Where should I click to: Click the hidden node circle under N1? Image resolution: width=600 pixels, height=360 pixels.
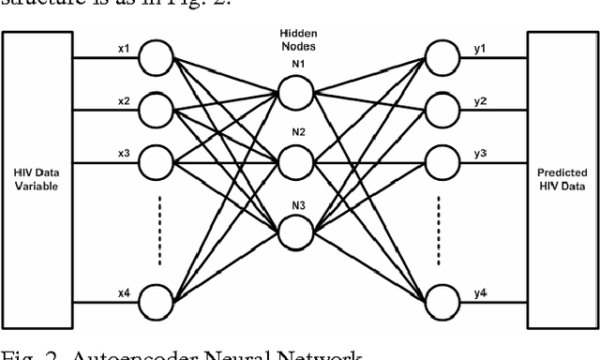click(298, 95)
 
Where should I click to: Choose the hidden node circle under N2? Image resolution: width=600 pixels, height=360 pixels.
click(298, 159)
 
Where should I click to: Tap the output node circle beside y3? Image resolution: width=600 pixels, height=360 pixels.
click(442, 163)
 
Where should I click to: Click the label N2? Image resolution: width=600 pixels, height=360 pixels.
click(298, 133)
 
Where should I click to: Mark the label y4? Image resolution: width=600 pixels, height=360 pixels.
click(480, 294)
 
